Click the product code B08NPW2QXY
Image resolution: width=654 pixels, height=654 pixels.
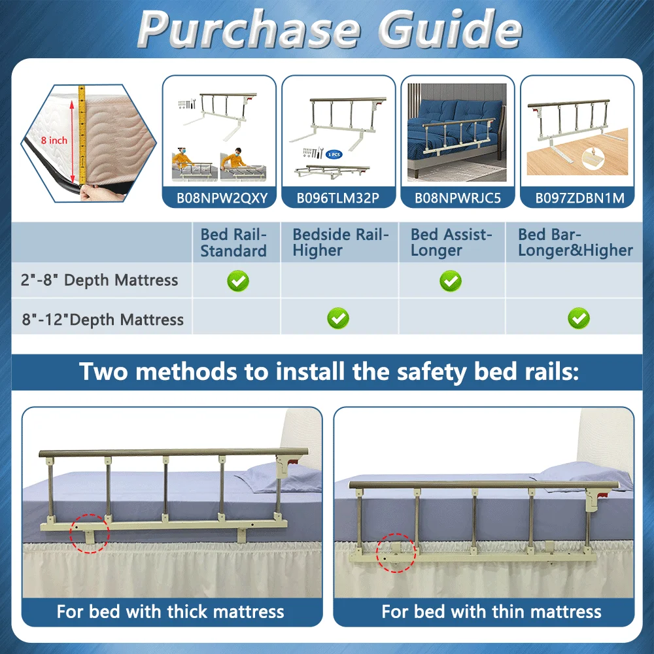click(222, 198)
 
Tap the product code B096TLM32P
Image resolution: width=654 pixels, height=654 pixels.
click(338, 198)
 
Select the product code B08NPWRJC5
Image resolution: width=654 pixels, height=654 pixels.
click(458, 198)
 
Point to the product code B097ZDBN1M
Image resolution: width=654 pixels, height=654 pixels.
click(579, 198)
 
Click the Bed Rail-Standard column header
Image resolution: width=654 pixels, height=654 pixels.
click(233, 243)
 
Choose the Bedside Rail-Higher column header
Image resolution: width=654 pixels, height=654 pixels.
click(340, 243)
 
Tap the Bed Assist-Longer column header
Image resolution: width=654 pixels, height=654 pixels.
click(451, 243)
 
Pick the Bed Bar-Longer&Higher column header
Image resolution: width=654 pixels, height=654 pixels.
click(576, 243)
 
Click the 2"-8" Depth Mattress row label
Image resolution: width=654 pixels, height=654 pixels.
click(99, 280)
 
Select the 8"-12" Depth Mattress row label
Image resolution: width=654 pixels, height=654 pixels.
click(103, 320)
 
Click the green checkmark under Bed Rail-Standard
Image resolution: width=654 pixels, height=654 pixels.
click(238, 281)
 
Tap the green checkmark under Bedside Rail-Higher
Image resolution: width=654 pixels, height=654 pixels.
click(338, 318)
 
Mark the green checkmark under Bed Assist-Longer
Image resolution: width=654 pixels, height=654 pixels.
click(451, 281)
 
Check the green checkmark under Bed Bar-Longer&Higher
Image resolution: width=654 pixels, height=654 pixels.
click(579, 318)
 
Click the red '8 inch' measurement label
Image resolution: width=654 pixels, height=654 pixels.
click(54, 140)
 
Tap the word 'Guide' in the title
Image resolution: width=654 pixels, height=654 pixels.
click(451, 29)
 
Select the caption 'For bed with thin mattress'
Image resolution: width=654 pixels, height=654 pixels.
click(491, 611)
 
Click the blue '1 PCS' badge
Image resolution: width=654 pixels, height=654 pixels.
click(334, 154)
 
